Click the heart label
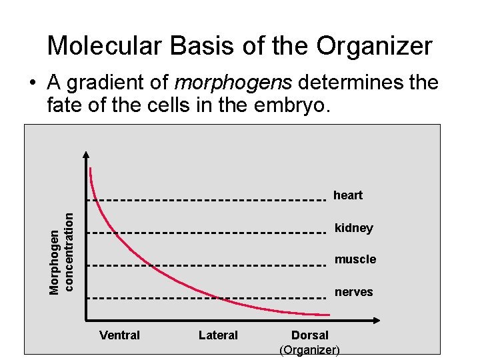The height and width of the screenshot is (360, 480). click(347, 195)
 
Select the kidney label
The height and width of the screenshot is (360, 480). click(353, 228)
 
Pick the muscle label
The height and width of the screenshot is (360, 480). click(355, 259)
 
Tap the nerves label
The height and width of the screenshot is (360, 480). click(353, 292)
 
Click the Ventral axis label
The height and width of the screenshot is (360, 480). click(119, 335)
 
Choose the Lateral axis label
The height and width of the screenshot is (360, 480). click(218, 335)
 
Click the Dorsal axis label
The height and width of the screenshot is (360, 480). click(310, 335)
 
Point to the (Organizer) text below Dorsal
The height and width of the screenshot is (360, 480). click(309, 350)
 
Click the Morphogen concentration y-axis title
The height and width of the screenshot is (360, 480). click(61, 251)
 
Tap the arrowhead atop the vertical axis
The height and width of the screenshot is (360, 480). click(86, 155)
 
